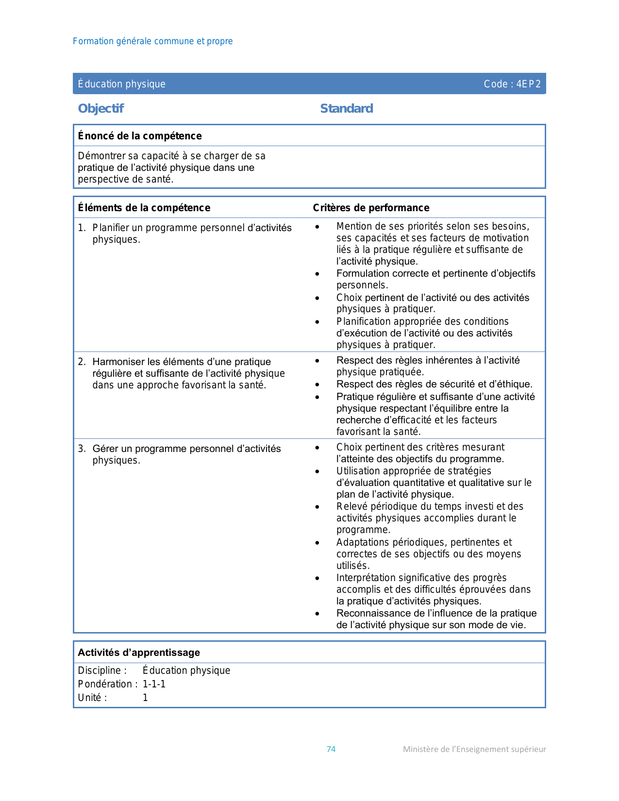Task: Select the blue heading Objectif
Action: pos(101,108)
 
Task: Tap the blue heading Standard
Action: pos(347,108)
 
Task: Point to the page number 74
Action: pos(331,749)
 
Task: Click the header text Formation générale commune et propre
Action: pos(152,41)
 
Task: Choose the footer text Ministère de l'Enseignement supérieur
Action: pos(474,749)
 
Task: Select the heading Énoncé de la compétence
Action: pos(140,136)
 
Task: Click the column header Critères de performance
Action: pos(371,208)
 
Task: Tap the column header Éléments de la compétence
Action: pos(144,208)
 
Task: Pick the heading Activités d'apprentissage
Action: pos(139,652)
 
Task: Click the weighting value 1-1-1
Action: pos(154,684)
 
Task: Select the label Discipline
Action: pos(102,670)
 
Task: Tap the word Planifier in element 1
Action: pos(111,228)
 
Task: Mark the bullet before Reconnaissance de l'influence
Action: pos(317,614)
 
